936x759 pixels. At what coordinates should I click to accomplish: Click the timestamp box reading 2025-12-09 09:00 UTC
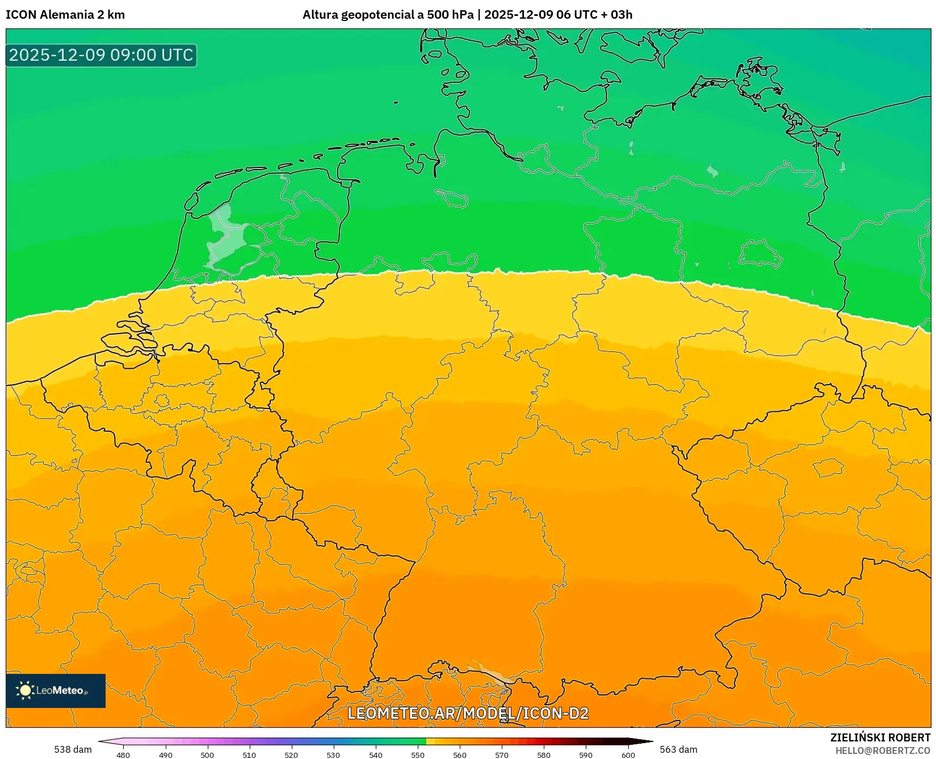101,55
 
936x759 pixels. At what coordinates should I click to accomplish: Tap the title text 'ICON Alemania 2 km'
65,15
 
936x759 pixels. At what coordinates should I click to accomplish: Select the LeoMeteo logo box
56,690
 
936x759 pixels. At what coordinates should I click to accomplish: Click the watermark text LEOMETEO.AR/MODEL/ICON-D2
468,713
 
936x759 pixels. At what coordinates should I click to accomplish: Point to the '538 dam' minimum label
73,749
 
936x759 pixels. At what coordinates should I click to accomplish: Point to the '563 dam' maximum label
678,749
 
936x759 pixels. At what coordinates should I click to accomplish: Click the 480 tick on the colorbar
123,754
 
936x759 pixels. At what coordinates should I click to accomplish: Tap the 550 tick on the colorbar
418,754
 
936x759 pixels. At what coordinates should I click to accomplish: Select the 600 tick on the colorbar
628,754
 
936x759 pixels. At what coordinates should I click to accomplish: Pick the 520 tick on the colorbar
291,754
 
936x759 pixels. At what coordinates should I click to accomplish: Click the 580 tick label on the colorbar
544,754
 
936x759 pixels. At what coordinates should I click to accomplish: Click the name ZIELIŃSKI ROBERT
880,737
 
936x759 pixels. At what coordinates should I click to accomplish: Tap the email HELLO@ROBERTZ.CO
883,750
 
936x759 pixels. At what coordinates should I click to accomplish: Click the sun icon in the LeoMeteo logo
25,690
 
